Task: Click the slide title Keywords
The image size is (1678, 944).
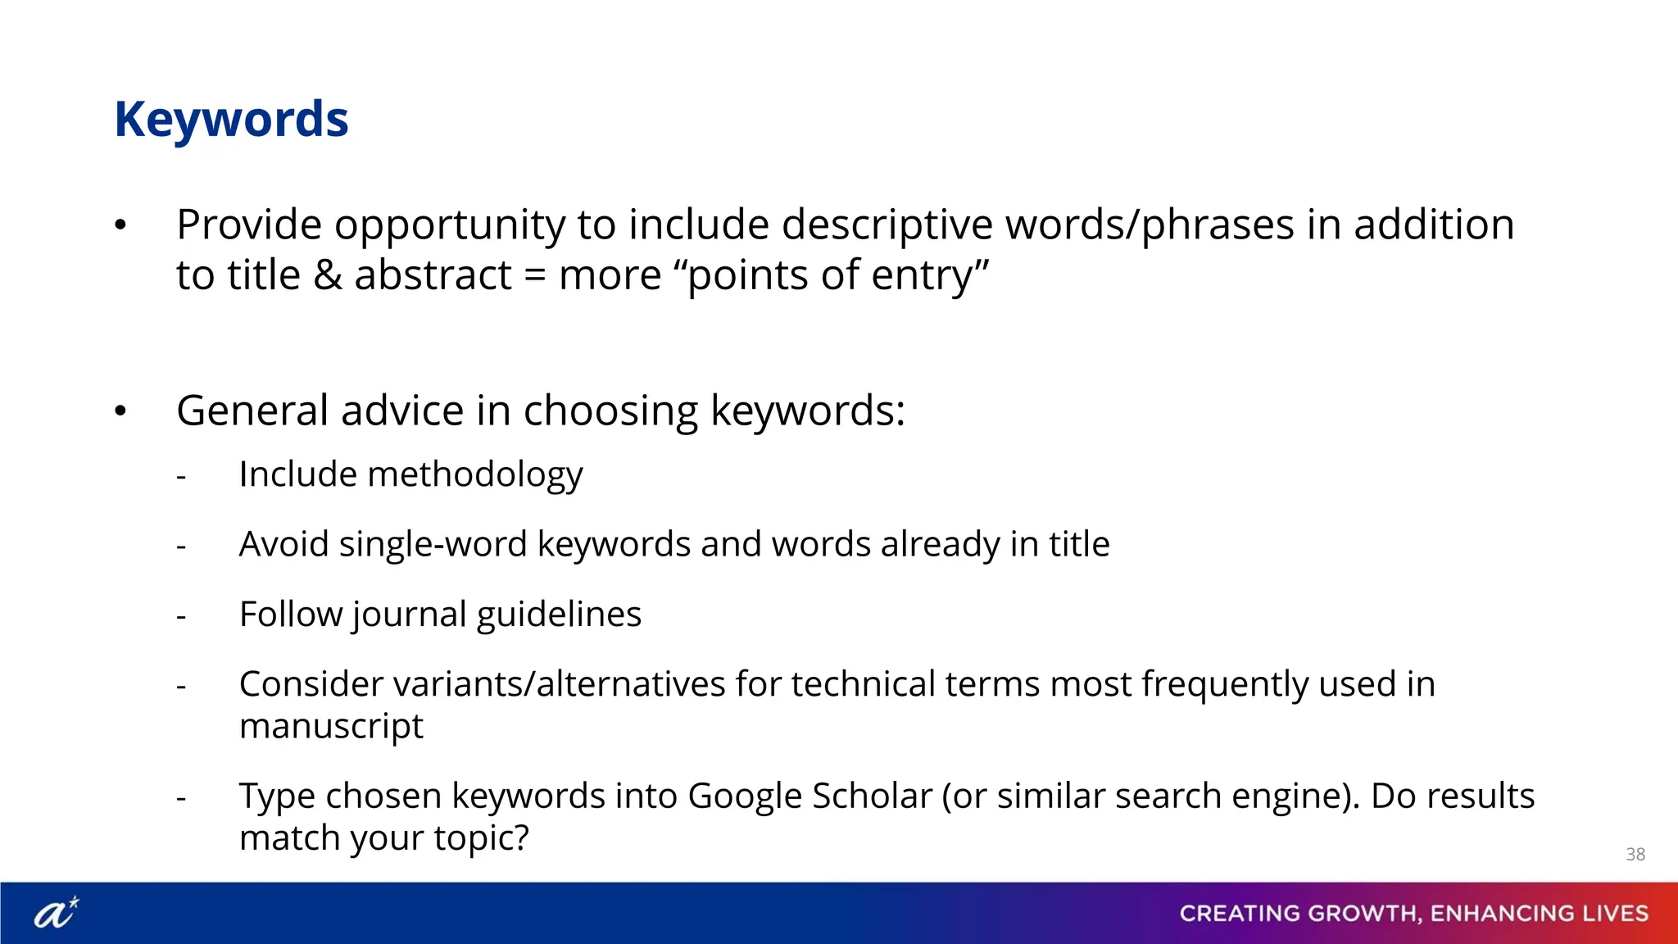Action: pyautogui.click(x=232, y=120)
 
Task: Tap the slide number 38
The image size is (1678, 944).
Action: pyautogui.click(x=1635, y=854)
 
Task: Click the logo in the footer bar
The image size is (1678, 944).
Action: pyautogui.click(x=57, y=912)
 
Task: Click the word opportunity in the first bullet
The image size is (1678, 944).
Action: pyautogui.click(x=450, y=225)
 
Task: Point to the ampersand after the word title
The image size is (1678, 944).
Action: pyautogui.click(x=327, y=275)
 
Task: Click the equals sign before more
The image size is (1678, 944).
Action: pyautogui.click(x=534, y=275)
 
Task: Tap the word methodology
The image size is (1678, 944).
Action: pyautogui.click(x=475, y=474)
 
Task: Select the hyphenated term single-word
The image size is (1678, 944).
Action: pyautogui.click(x=433, y=544)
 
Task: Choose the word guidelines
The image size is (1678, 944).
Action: pyautogui.click(x=559, y=615)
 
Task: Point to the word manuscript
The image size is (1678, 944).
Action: pyautogui.click(x=331, y=726)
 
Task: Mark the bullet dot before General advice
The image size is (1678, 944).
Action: pyautogui.click(x=120, y=411)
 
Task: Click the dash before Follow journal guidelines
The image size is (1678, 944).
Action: pyautogui.click(x=181, y=616)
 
